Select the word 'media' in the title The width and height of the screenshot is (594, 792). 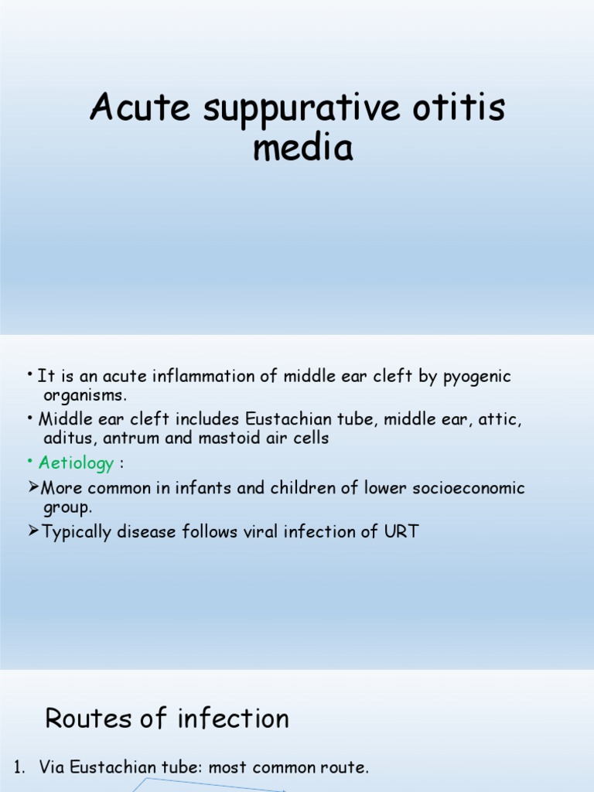pyautogui.click(x=303, y=147)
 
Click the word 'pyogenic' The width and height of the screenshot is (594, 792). pyautogui.click(x=474, y=377)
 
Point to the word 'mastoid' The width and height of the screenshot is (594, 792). pyautogui.click(x=232, y=439)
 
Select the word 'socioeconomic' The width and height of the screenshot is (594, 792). pyautogui.click(x=459, y=489)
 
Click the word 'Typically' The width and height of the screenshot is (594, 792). pyautogui.click(x=77, y=532)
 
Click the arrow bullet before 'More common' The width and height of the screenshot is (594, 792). pyautogui.click(x=33, y=489)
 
